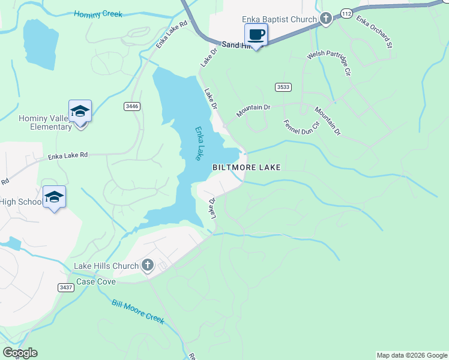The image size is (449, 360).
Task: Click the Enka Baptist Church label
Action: pos(279,20)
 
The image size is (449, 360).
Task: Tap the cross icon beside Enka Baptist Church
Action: pos(325,19)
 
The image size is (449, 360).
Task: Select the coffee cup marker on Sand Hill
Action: pos(256,35)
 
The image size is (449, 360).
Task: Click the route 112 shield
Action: pos(345,13)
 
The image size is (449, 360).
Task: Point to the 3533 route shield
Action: pos(283,87)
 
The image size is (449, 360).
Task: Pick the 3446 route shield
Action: pos(132,106)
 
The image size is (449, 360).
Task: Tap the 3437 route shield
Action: pos(66,287)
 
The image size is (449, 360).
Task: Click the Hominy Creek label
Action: pos(97,14)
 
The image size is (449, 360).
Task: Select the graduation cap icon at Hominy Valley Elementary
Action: pos(80,111)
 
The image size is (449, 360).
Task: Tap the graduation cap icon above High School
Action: pos(54,197)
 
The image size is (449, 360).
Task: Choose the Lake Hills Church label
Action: pos(106,265)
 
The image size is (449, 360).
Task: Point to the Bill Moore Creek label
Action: pos(137,311)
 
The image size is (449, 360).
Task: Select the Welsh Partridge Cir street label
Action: pos(328,62)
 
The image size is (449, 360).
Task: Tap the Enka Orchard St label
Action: pos(374,32)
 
